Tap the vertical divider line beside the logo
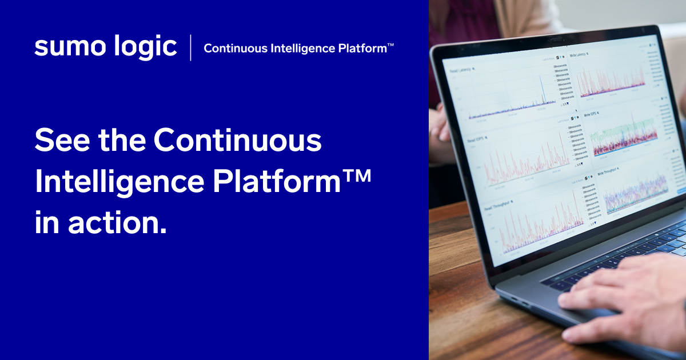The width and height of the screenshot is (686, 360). [x=191, y=47]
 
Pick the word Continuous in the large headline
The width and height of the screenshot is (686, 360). [x=238, y=140]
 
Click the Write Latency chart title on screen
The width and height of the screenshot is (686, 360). [x=579, y=55]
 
